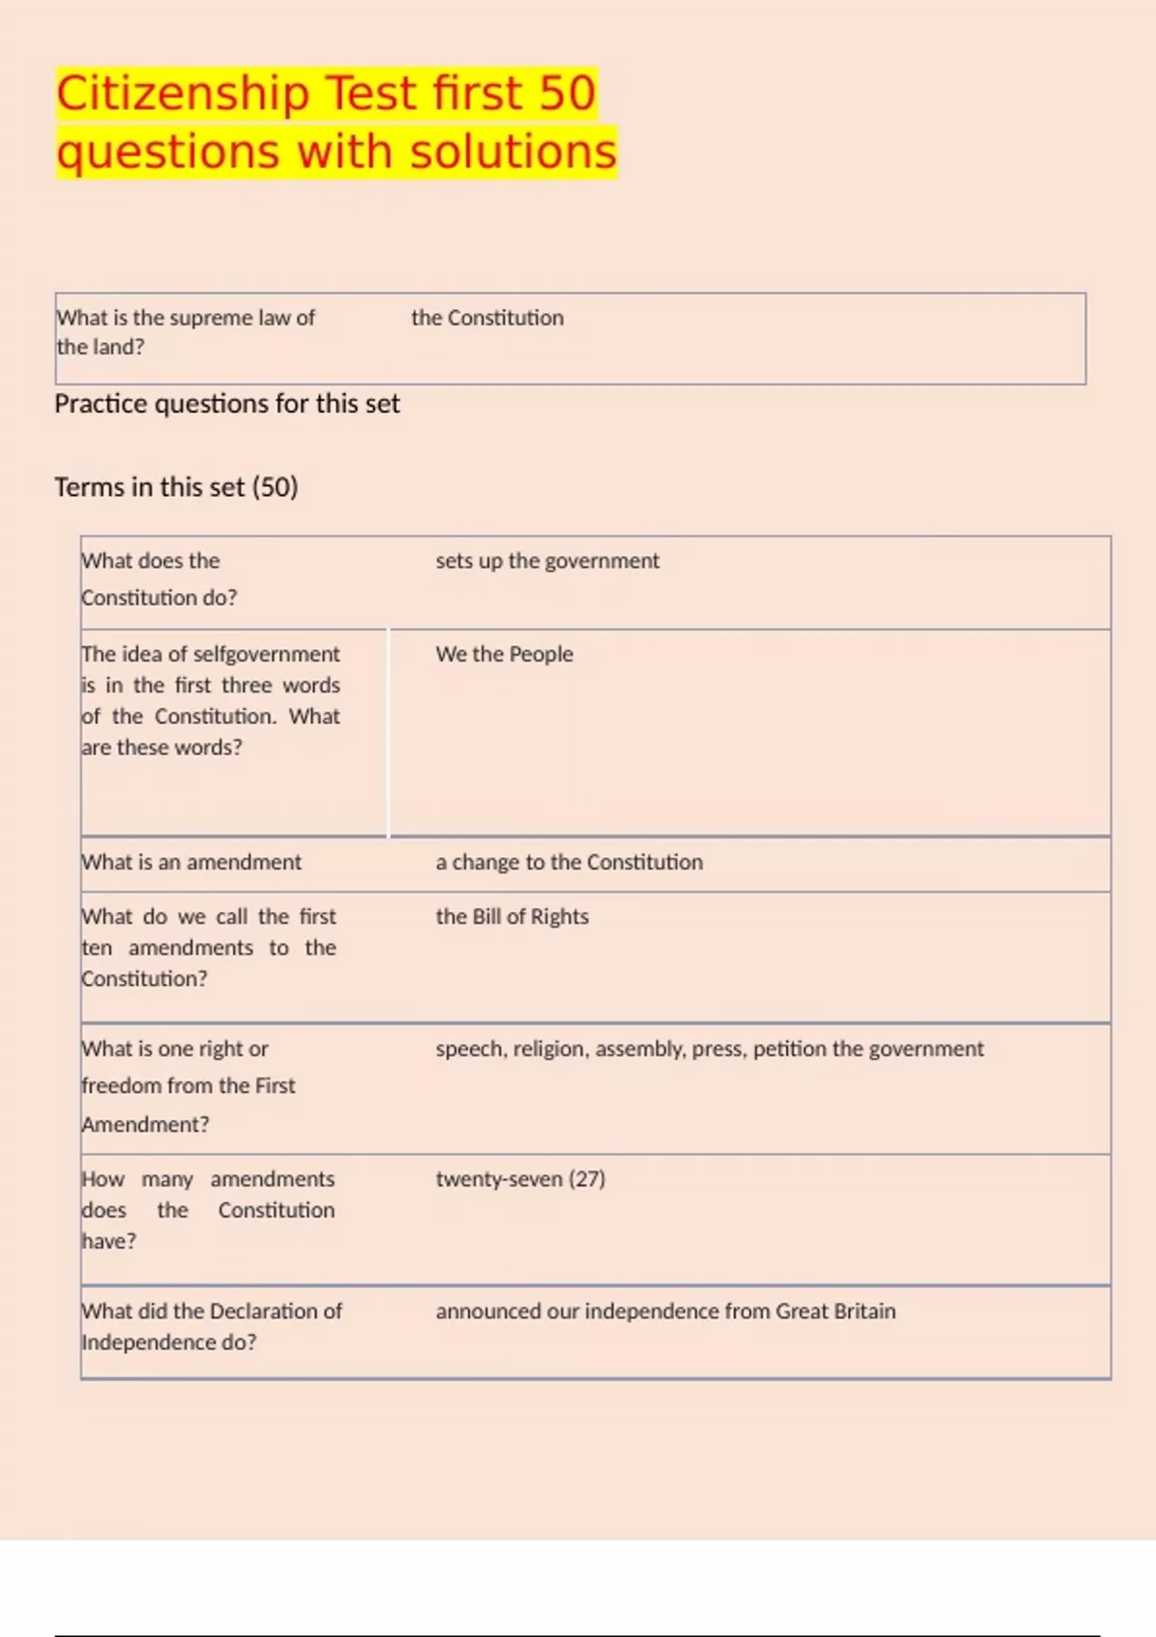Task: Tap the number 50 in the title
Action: coord(566,94)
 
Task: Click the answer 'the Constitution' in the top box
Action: coord(487,318)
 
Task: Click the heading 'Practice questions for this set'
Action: coord(226,403)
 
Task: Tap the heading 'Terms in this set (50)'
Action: coord(176,487)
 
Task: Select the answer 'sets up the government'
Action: coord(547,560)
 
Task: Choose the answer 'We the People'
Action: coord(504,654)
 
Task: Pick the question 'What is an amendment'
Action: coord(191,862)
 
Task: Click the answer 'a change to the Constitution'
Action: coord(568,862)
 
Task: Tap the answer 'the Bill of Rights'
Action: coord(512,917)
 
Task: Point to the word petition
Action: coord(789,1049)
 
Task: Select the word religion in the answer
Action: coord(549,1049)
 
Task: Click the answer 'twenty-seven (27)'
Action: coord(520,1179)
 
